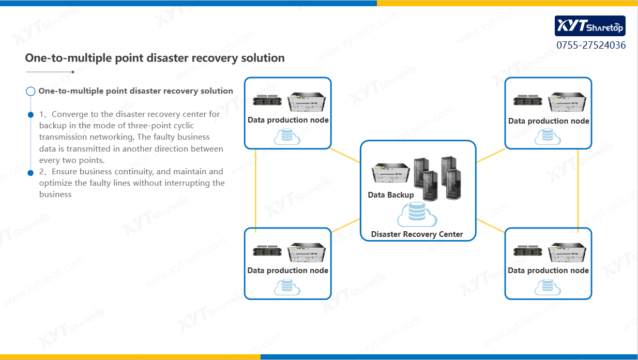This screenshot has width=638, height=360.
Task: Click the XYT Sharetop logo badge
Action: [x=590, y=26]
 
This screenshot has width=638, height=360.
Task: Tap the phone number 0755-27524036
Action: [x=591, y=45]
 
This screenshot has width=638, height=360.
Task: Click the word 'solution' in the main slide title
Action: [x=263, y=58]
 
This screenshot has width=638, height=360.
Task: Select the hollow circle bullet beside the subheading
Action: [x=31, y=92]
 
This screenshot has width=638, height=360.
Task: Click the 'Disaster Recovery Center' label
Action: [x=417, y=234]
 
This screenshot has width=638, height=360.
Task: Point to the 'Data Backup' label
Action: [x=391, y=195]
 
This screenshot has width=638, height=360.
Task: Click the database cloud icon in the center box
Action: [x=417, y=214]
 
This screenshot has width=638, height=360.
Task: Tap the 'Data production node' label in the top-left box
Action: [x=288, y=120]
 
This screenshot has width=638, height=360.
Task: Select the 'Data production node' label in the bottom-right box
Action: [x=548, y=270]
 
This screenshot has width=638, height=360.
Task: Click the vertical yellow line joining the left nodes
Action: [x=256, y=189]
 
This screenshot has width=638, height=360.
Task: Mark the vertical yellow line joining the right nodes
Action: [x=578, y=189]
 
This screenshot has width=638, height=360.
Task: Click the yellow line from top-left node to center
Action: [x=345, y=156]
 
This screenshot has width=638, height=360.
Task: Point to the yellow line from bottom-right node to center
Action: [x=490, y=225]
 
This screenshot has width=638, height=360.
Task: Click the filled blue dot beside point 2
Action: [x=31, y=172]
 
